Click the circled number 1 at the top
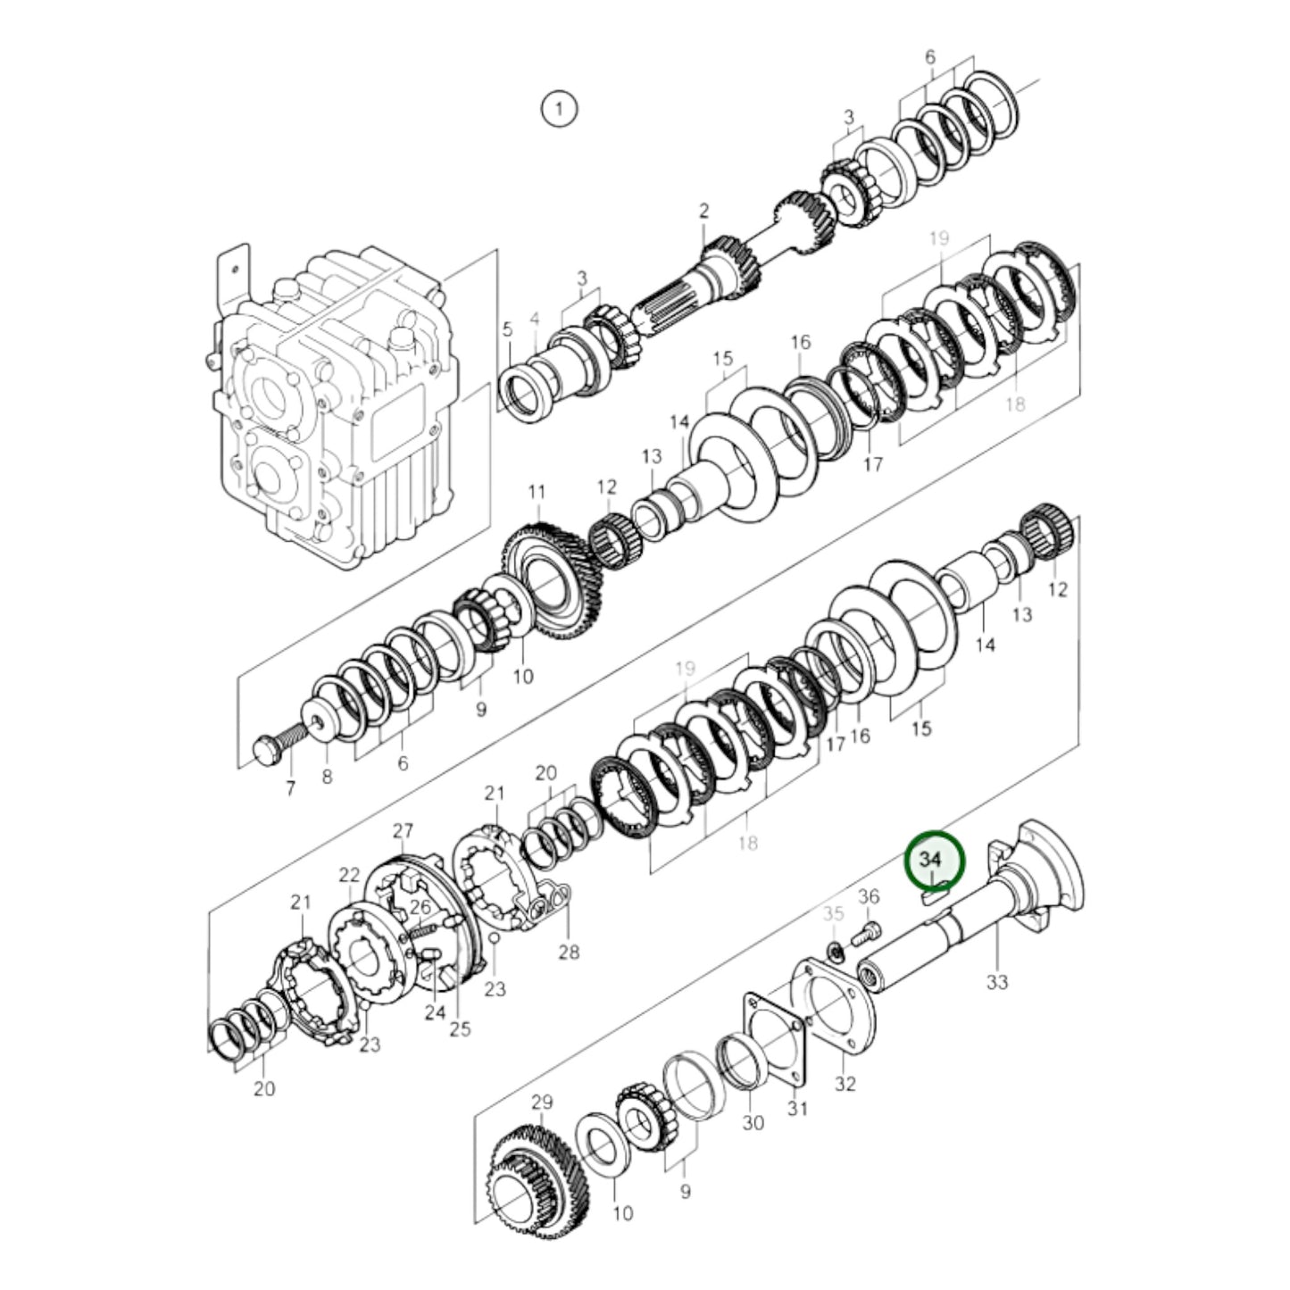[x=559, y=110]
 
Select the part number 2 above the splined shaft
[x=703, y=212]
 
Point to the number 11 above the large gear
[x=536, y=492]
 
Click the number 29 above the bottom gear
[x=542, y=1103]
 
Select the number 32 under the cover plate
[x=845, y=1084]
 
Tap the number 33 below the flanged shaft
[x=997, y=981]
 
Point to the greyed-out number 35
[x=833, y=913]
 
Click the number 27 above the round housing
[x=403, y=831]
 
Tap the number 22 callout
[x=349, y=875]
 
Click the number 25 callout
[x=460, y=1029]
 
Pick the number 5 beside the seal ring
[x=507, y=329]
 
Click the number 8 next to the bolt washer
[x=327, y=777]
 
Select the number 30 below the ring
[x=753, y=1122]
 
